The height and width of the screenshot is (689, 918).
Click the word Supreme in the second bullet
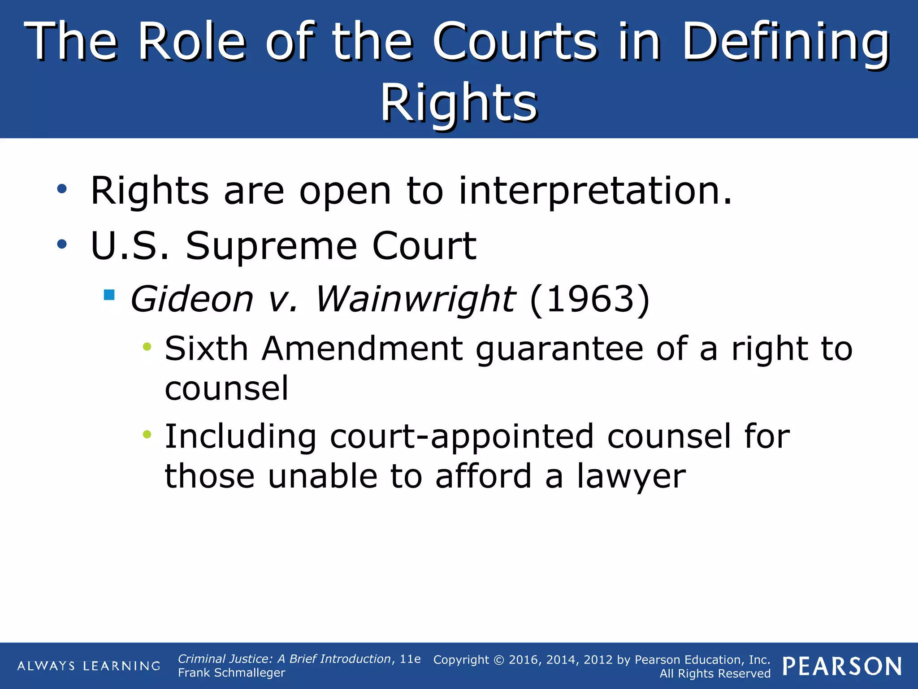pyautogui.click(x=271, y=246)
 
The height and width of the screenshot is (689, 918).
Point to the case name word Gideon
pyautogui.click(x=192, y=299)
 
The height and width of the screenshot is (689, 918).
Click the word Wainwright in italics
pyautogui.click(x=415, y=299)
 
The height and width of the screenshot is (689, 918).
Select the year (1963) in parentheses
pyautogui.click(x=589, y=299)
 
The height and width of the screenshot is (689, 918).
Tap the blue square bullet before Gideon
pyautogui.click(x=109, y=295)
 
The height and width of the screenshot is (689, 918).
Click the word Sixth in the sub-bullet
pyautogui.click(x=206, y=349)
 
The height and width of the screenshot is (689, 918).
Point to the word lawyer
pyautogui.click(x=631, y=477)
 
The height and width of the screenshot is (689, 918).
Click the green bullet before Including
pyautogui.click(x=147, y=434)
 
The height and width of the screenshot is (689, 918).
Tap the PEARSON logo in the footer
pyautogui.click(x=842, y=666)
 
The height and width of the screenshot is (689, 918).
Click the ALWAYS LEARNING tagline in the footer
pyautogui.click(x=89, y=666)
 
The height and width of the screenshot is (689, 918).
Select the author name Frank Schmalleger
pyautogui.click(x=231, y=673)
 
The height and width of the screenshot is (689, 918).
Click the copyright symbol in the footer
pyautogui.click(x=499, y=660)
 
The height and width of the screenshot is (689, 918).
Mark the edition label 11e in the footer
pyautogui.click(x=410, y=659)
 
